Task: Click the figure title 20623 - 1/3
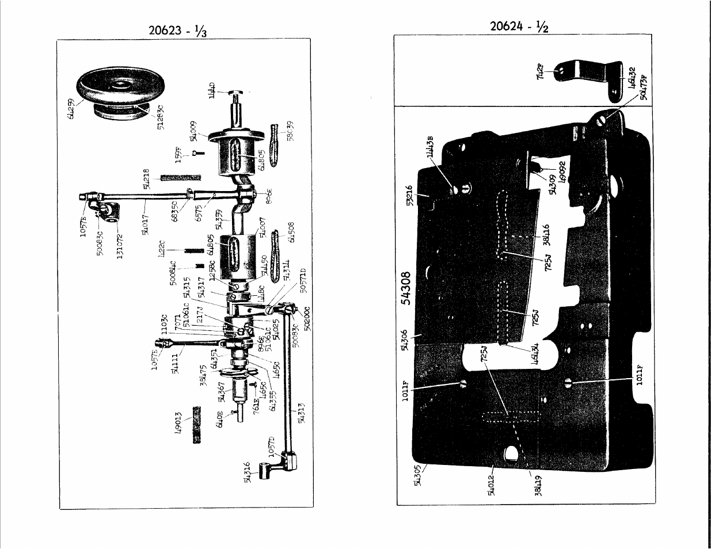click(x=177, y=30)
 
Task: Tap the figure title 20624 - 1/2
click(x=519, y=26)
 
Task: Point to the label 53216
click(x=409, y=198)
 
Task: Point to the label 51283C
click(x=160, y=117)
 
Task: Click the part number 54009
click(x=194, y=131)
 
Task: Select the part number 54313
click(x=301, y=412)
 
